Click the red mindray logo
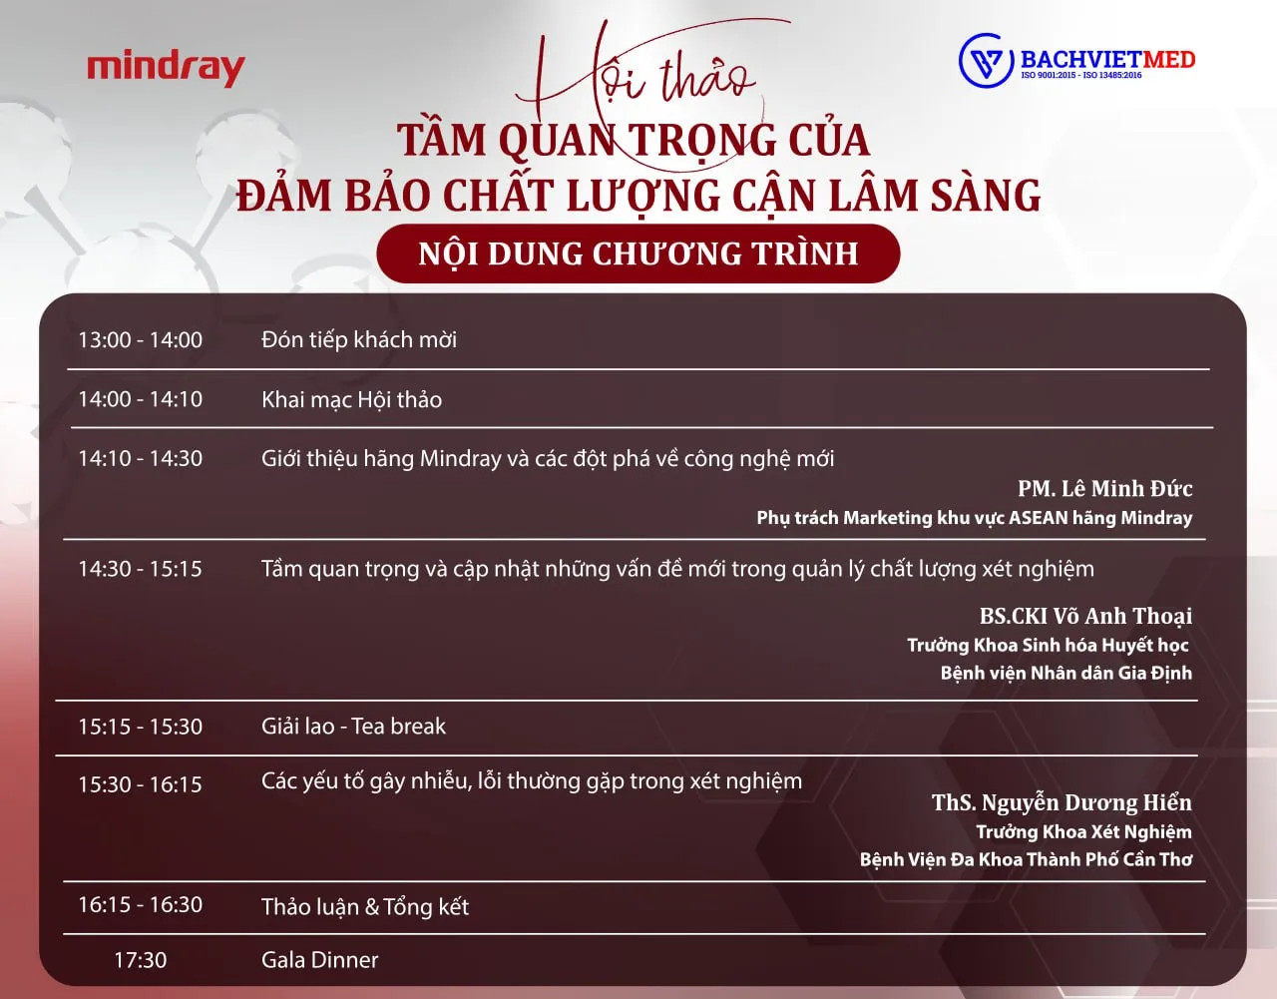point(167,69)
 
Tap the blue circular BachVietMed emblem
point(986,61)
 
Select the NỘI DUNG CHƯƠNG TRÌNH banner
point(638,253)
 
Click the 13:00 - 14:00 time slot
point(141,339)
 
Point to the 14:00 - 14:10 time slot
point(141,399)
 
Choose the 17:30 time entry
point(141,960)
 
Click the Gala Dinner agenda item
point(319,960)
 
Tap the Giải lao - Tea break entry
point(353,727)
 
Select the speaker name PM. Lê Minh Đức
point(1104,488)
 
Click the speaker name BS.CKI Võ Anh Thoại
point(1086,616)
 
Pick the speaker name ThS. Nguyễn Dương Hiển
point(1062,802)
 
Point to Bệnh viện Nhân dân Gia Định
point(1066,673)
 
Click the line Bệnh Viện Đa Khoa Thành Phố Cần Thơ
point(1026,859)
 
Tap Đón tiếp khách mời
point(359,339)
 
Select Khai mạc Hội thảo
point(351,399)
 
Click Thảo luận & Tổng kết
point(365,907)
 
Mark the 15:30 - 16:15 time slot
point(141,784)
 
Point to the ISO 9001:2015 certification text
point(1048,75)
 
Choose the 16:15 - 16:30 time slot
point(141,904)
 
